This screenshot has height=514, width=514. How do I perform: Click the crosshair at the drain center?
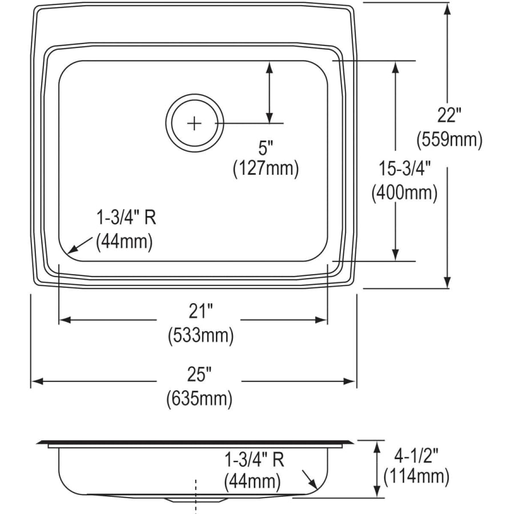click(195, 122)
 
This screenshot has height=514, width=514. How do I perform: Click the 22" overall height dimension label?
click(449, 116)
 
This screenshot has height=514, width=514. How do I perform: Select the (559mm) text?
click(449, 139)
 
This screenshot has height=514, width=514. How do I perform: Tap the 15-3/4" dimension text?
click(404, 168)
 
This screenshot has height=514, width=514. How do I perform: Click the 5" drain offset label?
click(266, 148)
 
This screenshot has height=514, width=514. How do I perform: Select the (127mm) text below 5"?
click(266, 168)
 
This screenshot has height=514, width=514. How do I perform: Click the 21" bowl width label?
click(200, 312)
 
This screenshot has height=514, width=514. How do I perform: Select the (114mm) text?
click(416, 475)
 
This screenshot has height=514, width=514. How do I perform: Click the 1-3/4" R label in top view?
click(126, 218)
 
